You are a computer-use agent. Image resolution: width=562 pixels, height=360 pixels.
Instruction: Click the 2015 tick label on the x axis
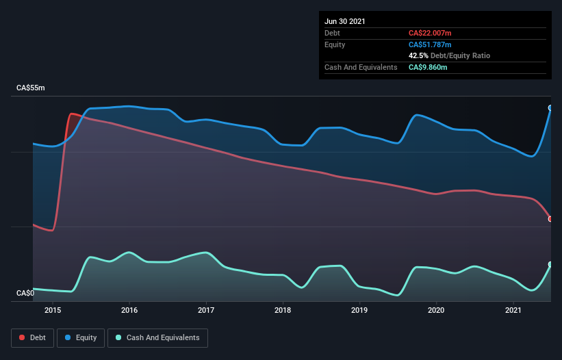(x=53, y=310)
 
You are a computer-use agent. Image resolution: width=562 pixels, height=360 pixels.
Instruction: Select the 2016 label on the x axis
(x=129, y=310)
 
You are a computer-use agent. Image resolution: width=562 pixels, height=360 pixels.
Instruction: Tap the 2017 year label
(x=206, y=310)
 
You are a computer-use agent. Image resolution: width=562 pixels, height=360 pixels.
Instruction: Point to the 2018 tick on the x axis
(x=283, y=310)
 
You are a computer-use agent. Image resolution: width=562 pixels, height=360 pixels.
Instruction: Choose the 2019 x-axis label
(x=359, y=310)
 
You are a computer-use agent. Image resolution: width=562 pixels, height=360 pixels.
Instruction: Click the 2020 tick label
(x=436, y=310)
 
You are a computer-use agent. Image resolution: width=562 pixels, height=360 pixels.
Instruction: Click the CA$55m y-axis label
(x=31, y=88)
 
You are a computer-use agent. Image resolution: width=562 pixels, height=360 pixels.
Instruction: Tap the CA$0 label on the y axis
(x=25, y=293)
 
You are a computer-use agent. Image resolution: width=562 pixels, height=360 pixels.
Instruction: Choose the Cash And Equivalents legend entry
(x=157, y=337)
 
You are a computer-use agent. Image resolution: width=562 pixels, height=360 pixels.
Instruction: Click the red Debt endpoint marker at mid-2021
(x=550, y=219)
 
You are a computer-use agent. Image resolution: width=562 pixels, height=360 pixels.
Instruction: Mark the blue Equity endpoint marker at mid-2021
(x=550, y=108)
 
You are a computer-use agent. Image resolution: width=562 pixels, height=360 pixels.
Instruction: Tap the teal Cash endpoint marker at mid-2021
(x=550, y=264)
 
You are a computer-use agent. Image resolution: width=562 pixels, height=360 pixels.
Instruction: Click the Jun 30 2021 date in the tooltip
(x=344, y=21)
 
